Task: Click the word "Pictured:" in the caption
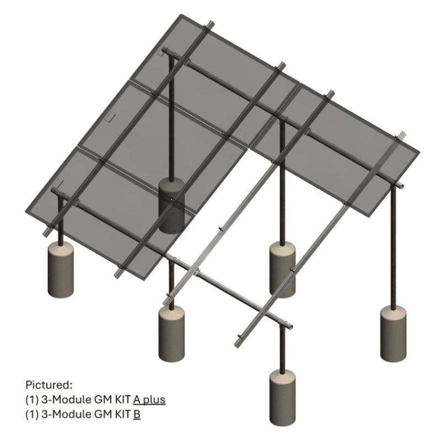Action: click(x=49, y=384)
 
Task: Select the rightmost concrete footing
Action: click(x=393, y=334)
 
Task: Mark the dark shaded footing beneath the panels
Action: click(x=173, y=207)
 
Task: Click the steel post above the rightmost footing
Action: click(x=394, y=248)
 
